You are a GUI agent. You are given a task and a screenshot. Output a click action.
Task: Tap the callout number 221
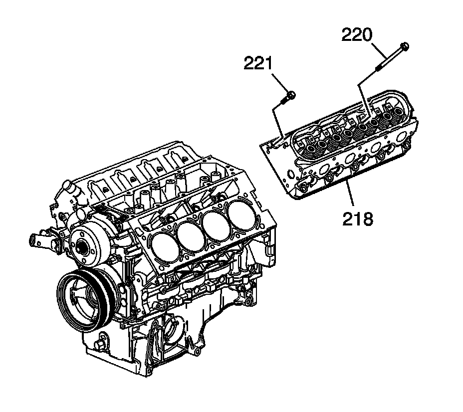pyautogui.click(x=258, y=63)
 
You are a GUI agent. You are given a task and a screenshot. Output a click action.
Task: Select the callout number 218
pyautogui.click(x=357, y=218)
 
